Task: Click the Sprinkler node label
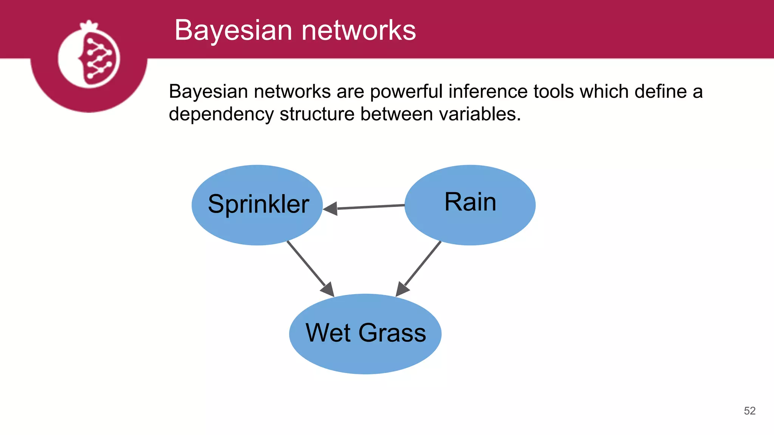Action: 259,204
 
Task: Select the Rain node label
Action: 470,202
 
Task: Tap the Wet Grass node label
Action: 365,333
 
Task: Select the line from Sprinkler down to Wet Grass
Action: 306,263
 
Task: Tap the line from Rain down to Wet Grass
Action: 423,263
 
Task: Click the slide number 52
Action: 749,411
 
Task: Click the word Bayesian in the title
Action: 233,30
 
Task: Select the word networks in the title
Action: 359,30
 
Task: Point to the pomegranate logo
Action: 89,57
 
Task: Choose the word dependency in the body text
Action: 221,114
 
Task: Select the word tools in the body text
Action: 554,92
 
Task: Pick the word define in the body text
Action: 660,92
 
